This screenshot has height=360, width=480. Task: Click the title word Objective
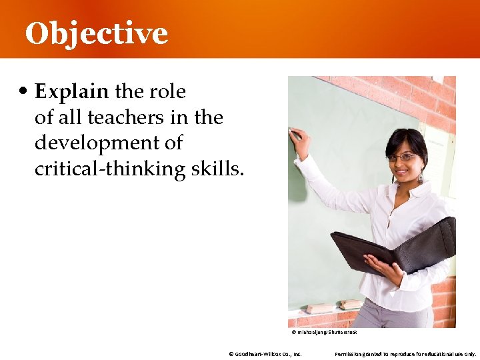point(96,33)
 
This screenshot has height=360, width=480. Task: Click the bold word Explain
point(73,91)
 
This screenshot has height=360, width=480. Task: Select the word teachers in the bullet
point(121,117)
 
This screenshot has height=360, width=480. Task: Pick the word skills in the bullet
point(217,169)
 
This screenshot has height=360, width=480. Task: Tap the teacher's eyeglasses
point(403,157)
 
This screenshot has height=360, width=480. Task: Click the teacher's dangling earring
point(421,177)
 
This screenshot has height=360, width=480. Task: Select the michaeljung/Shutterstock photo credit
point(324,332)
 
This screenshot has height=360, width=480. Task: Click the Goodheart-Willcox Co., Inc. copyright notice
point(265,354)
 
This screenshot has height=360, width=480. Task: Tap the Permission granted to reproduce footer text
point(405,354)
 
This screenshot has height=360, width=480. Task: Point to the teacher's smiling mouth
point(403,171)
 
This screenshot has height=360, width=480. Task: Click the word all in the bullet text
point(70,117)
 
